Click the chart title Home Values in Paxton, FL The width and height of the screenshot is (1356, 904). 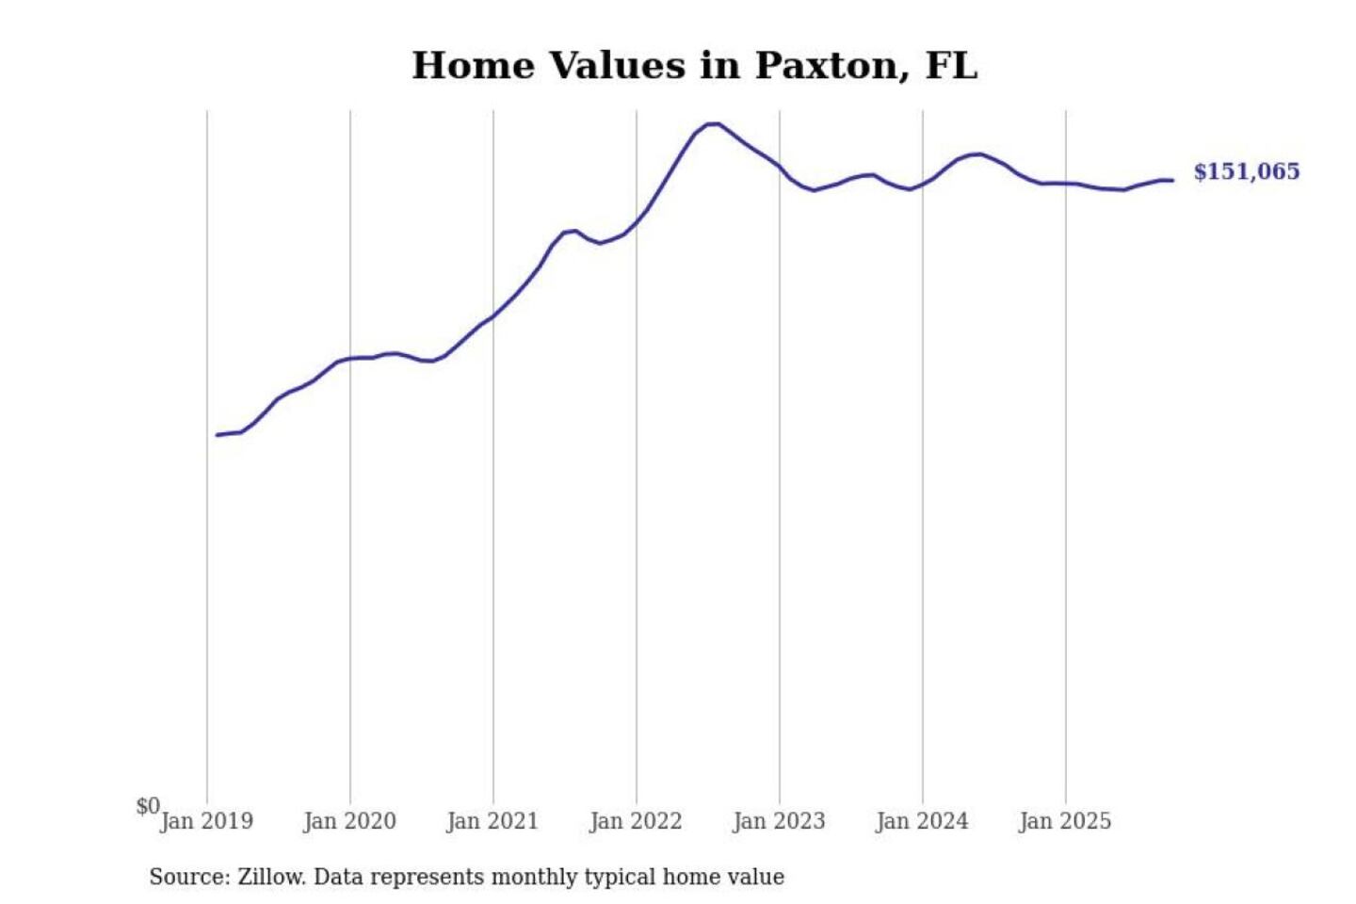point(695,66)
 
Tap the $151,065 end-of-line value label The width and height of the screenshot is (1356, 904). point(1246,171)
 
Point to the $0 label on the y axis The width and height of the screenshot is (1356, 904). point(148,806)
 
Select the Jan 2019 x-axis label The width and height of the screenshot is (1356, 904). point(207,821)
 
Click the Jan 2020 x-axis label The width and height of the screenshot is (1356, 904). point(350,821)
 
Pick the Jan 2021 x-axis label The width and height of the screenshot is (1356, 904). point(492,821)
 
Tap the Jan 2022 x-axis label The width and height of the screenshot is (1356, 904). point(636,821)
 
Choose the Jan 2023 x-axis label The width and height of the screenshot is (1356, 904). point(779,821)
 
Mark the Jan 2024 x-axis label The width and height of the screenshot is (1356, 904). point(922,821)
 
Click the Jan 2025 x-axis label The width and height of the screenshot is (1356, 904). point(1065,821)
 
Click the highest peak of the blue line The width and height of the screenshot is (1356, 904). point(713,123)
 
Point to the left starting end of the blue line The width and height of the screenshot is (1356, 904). point(218,435)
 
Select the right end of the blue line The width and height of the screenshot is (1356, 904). point(1172,180)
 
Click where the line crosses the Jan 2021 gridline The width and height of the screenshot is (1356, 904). point(493,316)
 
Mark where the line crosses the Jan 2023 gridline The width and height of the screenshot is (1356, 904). point(780,167)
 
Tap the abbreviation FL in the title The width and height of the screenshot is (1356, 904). point(951,66)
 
